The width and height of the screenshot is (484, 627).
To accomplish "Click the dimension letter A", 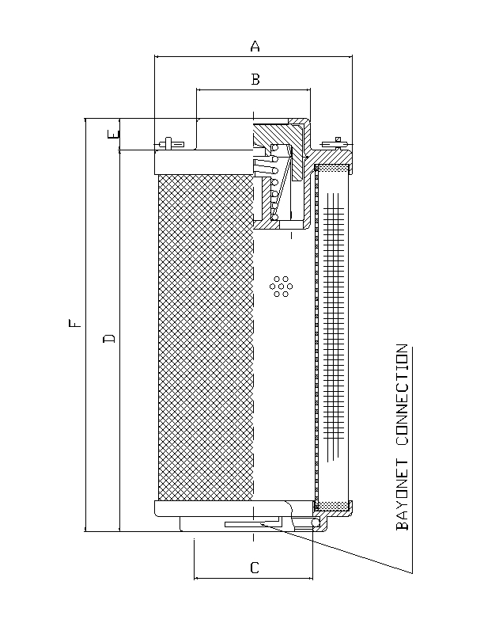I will click(x=255, y=47).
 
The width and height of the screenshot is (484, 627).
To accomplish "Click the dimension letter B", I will click(x=255, y=78).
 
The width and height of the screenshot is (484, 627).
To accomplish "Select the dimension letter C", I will click(x=254, y=567).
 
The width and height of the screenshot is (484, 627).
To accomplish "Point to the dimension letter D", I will click(x=110, y=339).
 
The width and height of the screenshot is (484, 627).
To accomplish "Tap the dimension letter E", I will click(x=115, y=135).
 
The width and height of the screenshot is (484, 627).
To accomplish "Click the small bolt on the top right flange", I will click(x=338, y=142).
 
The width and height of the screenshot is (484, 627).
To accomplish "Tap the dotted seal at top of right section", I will click(x=333, y=169).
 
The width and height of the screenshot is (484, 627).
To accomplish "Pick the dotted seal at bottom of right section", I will click(x=333, y=505).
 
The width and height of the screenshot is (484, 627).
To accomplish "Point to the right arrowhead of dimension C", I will click(x=310, y=578).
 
